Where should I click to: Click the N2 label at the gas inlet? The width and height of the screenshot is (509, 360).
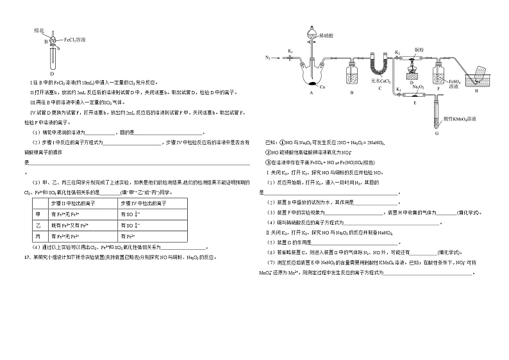268,58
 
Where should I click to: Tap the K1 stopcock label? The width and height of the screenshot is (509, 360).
290,51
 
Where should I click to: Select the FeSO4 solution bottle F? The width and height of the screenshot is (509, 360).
438,76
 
